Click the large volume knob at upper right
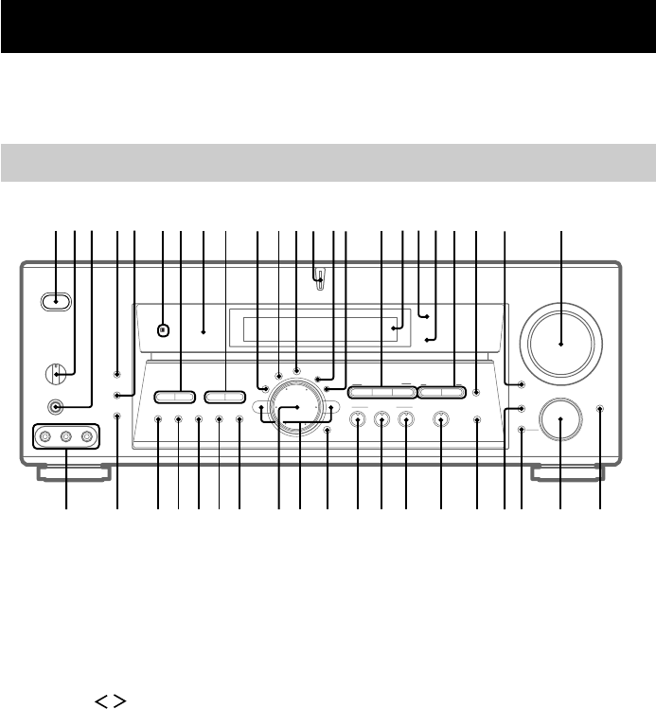click(562, 346)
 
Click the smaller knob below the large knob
click(559, 422)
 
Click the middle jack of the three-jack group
click(66, 437)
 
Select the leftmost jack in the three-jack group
click(44, 437)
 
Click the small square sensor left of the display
click(163, 330)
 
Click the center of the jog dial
click(298, 407)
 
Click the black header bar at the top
click(328, 27)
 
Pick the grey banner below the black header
click(328, 162)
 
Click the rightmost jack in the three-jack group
click(88, 437)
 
